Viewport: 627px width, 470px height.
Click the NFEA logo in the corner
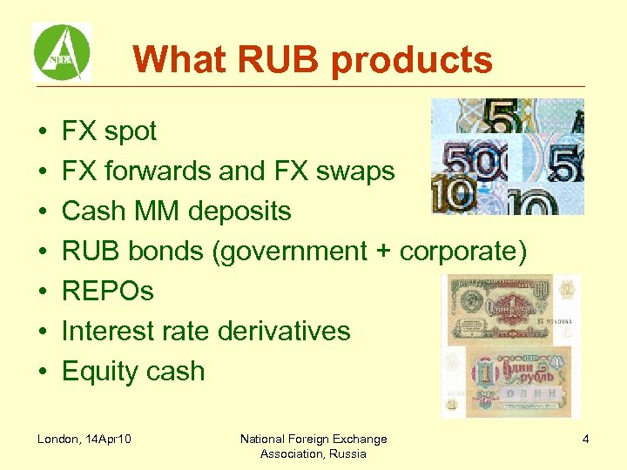pyautogui.click(x=61, y=52)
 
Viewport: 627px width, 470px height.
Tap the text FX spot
pyautogui.click(x=109, y=131)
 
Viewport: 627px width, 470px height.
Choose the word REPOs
pyautogui.click(x=107, y=292)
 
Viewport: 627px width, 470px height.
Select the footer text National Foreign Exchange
pyautogui.click(x=313, y=439)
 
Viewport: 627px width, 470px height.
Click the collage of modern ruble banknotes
pyautogui.click(x=508, y=157)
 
